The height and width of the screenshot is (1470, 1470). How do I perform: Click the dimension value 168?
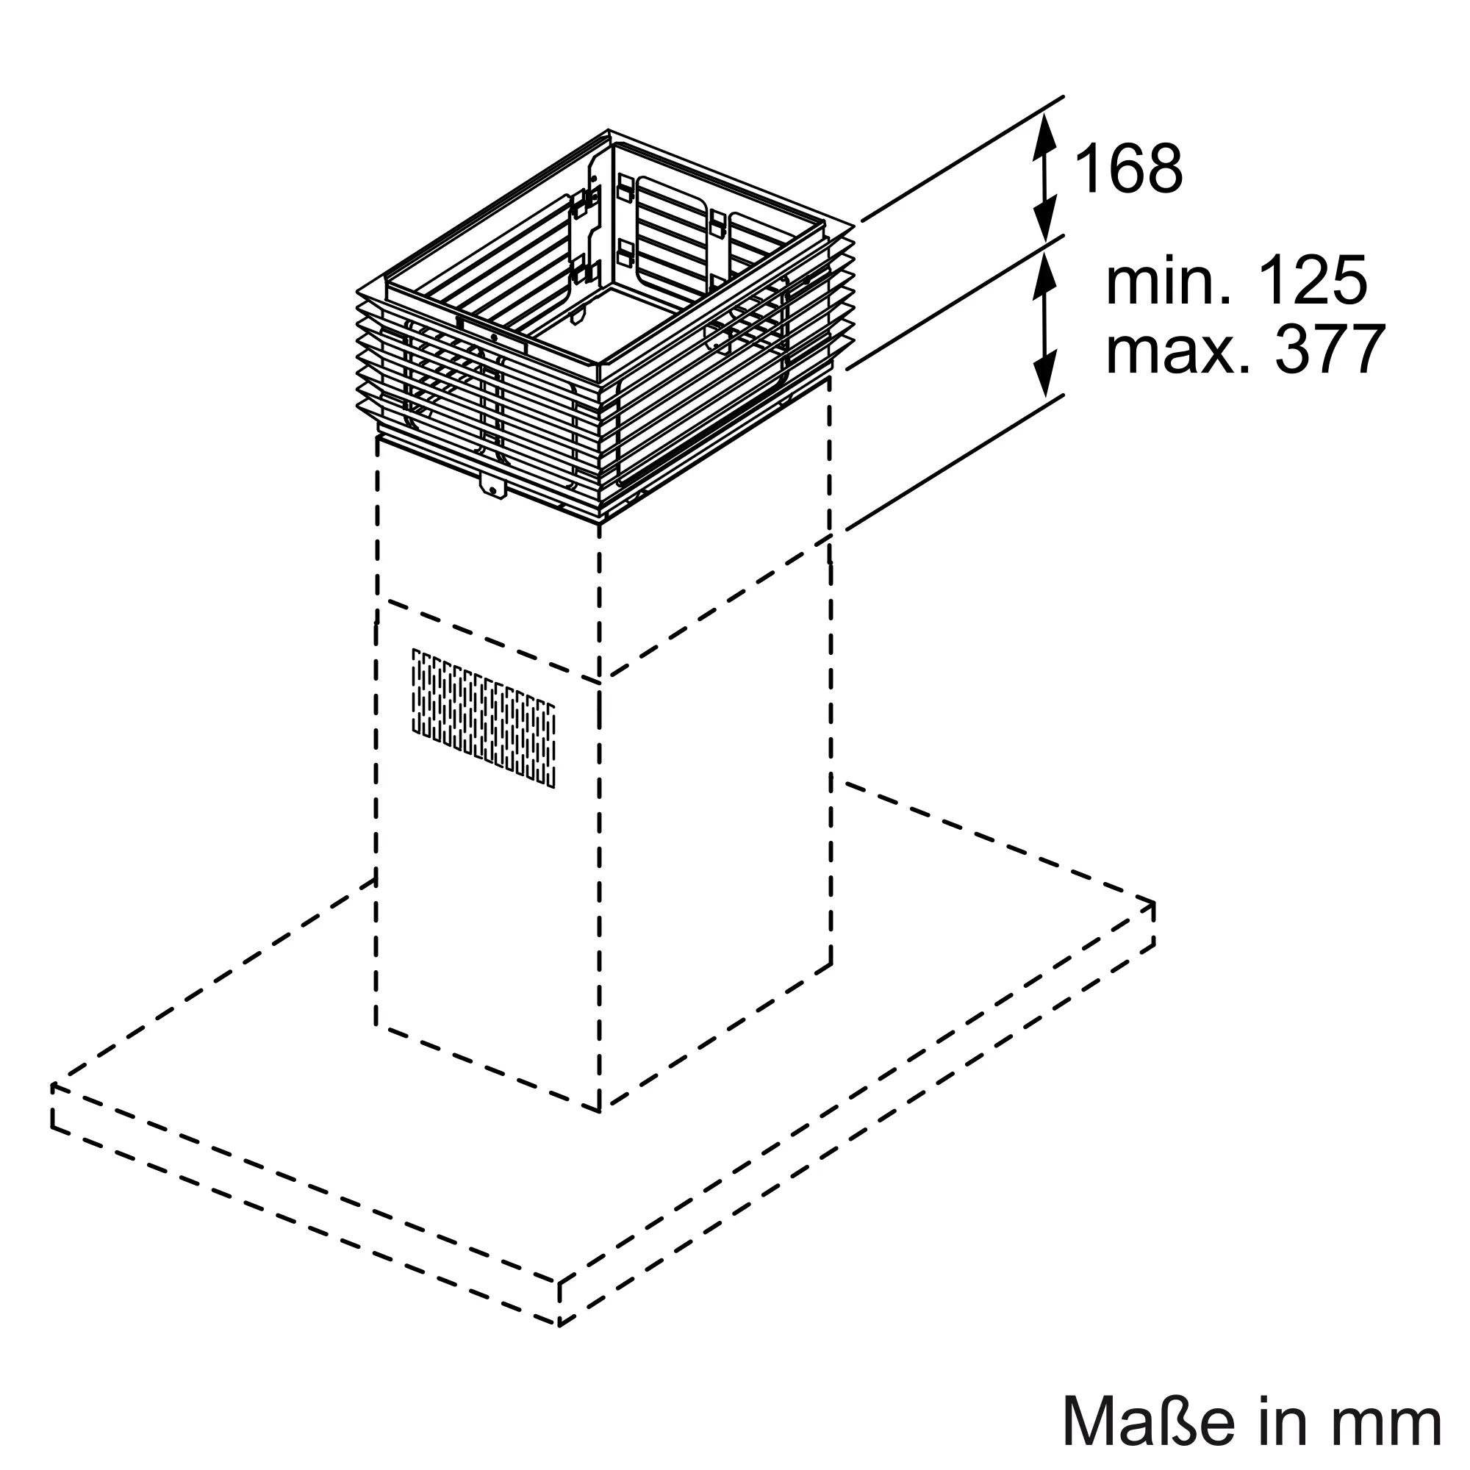tap(1129, 169)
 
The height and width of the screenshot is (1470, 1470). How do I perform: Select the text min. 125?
tap(1236, 282)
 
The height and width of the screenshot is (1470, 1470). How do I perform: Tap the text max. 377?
tap(1245, 350)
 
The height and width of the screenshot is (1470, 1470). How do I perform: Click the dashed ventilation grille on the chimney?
tap(483, 717)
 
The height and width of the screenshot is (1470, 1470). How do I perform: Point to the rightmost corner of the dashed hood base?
tap(1153, 904)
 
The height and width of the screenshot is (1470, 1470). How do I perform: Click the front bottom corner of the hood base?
tap(559, 1324)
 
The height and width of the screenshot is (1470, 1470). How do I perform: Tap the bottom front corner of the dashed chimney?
tap(600, 1110)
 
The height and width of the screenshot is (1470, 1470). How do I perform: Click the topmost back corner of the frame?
tap(609, 131)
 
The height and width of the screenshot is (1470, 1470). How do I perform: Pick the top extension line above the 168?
tap(963, 159)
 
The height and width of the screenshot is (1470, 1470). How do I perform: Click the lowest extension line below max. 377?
tap(955, 462)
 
